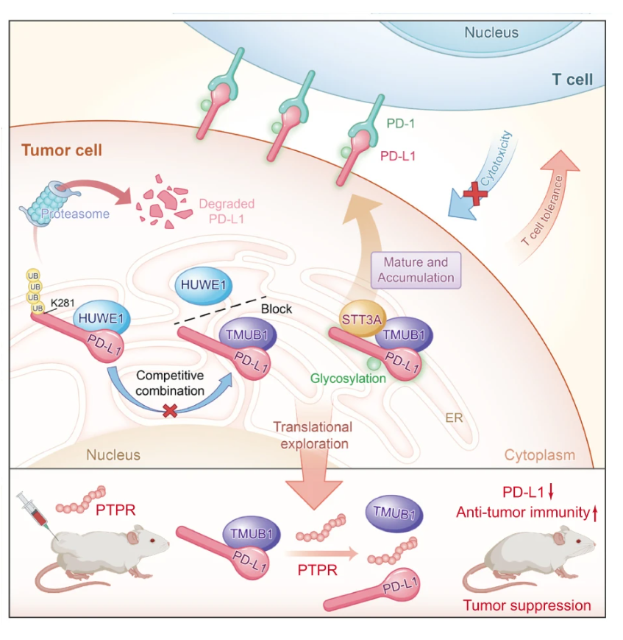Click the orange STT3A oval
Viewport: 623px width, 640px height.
(361, 319)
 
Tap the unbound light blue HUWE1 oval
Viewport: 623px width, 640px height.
(203, 285)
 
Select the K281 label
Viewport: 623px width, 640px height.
(63, 303)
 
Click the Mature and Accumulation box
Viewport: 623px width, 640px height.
(416, 270)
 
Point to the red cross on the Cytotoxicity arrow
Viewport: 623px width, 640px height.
(474, 194)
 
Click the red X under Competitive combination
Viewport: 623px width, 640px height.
(170, 411)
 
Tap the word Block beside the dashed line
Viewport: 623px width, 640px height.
(277, 309)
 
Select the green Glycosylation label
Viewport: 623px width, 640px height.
(348, 379)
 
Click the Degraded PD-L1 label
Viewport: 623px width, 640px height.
(227, 211)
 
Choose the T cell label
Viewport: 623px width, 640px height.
(572, 80)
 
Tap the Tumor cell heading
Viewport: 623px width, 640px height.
(62, 150)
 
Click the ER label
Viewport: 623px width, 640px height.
(453, 418)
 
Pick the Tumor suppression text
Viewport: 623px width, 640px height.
(527, 605)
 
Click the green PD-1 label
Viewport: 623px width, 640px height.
(400, 123)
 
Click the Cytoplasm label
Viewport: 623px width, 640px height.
(539, 454)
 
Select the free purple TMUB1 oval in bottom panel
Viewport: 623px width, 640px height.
(394, 513)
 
